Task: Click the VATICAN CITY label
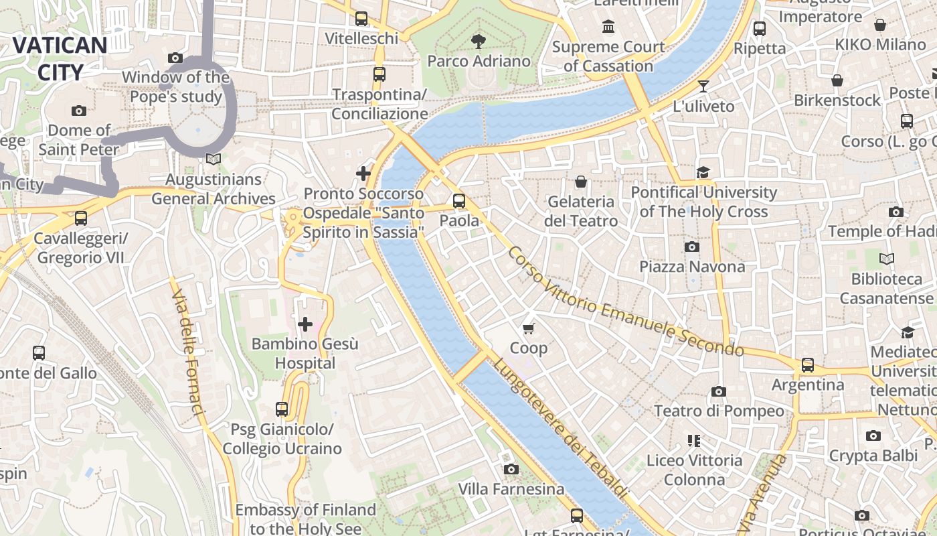coord(60,59)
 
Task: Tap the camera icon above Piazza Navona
coord(692,247)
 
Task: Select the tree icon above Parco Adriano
coord(478,42)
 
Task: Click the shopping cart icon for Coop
coord(529,328)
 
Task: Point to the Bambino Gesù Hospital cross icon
coord(305,325)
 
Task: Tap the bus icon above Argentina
coord(808,365)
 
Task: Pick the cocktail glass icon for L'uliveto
coord(703,86)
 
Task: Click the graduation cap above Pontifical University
coord(703,173)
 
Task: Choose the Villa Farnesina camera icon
coord(511,470)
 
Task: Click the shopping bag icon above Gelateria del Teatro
coord(580,182)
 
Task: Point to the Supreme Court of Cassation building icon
coord(608,27)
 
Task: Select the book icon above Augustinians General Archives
coord(214,159)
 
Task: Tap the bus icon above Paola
coord(459,200)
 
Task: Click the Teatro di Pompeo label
coord(718,411)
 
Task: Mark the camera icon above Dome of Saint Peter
coord(79,111)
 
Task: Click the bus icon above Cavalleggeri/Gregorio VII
coord(81,218)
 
